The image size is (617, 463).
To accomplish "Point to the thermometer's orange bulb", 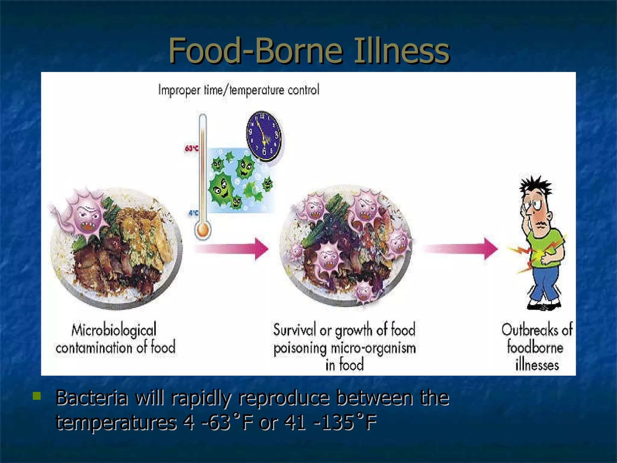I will tap(203, 231).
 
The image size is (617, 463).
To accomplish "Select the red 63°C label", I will tap(191, 148).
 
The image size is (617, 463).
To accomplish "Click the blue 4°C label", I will tap(193, 213).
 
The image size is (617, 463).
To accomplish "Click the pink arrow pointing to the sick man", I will tap(461, 249).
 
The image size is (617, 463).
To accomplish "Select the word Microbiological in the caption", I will tap(114, 329).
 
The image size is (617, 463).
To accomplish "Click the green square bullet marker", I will tap(37, 396).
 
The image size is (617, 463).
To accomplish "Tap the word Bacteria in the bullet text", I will tap(92, 398).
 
